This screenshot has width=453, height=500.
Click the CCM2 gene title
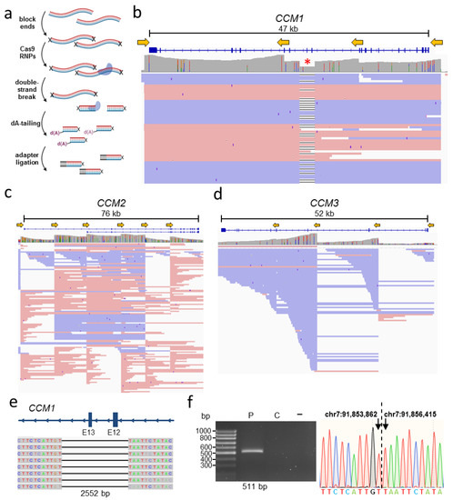click(107, 202)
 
